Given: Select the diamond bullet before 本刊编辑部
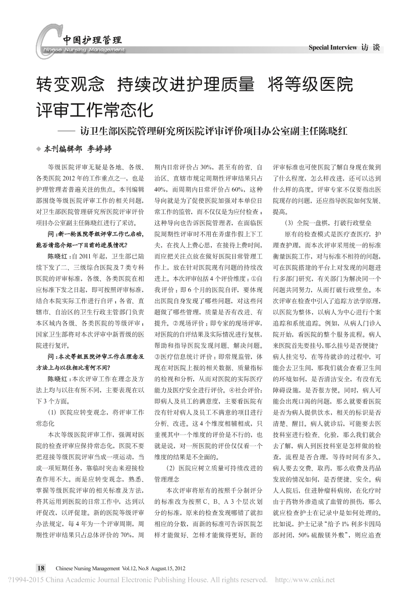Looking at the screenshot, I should tap(39, 149).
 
